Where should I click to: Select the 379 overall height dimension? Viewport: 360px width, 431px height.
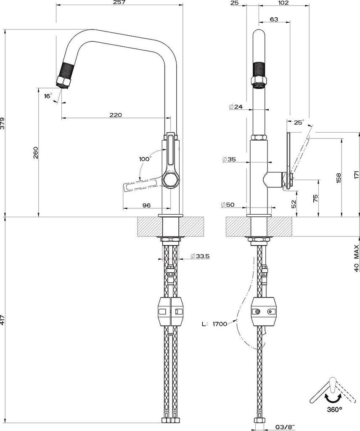3,123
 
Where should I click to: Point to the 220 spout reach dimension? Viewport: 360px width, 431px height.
115,114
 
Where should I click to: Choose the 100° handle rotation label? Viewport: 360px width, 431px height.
145,159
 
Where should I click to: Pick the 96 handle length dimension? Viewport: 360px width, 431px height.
146,205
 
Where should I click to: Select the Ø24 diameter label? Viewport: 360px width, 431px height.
236,107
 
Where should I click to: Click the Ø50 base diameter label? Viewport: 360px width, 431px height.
229,205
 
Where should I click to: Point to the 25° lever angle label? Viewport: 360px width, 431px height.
299,122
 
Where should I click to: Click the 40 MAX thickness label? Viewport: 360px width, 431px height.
356,257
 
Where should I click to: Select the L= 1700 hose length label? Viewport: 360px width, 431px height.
214,324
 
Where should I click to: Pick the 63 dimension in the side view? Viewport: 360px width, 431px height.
274,19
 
